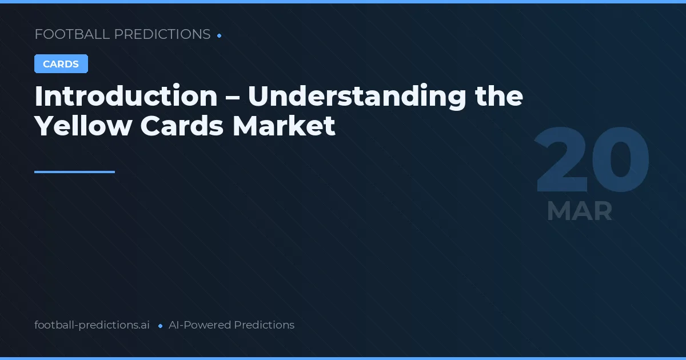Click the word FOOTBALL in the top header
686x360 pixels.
(72, 34)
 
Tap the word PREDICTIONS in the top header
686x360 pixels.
(162, 34)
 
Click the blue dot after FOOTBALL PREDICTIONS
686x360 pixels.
(220, 35)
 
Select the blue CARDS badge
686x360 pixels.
(61, 64)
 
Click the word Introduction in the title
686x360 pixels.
(126, 96)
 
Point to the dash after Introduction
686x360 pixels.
(233, 97)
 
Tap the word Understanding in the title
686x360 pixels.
(357, 96)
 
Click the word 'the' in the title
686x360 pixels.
(500, 96)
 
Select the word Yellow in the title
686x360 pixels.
(83, 126)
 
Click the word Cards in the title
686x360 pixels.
(182, 126)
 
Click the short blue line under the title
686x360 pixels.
(74, 171)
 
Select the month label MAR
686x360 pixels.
(579, 211)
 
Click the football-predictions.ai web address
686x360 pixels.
(92, 325)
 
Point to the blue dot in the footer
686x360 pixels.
(160, 326)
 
